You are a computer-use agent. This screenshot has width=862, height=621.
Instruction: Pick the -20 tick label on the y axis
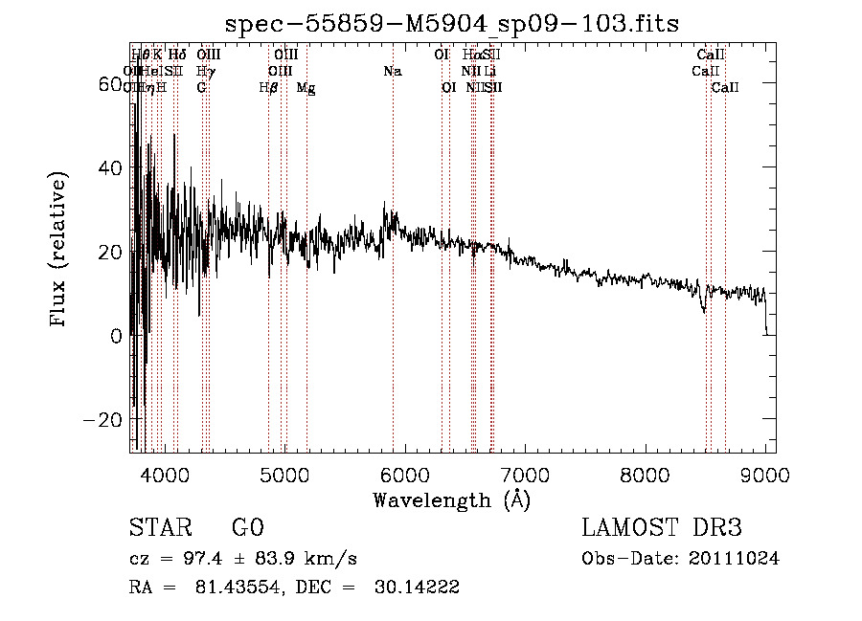point(102,420)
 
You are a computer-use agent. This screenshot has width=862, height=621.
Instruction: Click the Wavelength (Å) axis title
point(451,499)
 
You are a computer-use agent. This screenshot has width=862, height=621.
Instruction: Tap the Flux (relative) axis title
point(58,251)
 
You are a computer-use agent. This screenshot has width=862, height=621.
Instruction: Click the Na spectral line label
point(392,72)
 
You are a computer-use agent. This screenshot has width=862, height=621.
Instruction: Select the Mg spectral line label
point(306,87)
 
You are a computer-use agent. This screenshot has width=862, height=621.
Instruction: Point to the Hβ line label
point(268,87)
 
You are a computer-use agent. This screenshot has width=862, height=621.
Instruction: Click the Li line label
point(489,72)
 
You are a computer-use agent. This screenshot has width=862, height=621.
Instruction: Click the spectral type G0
point(247,528)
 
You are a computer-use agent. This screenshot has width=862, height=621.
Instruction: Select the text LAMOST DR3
point(662,528)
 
